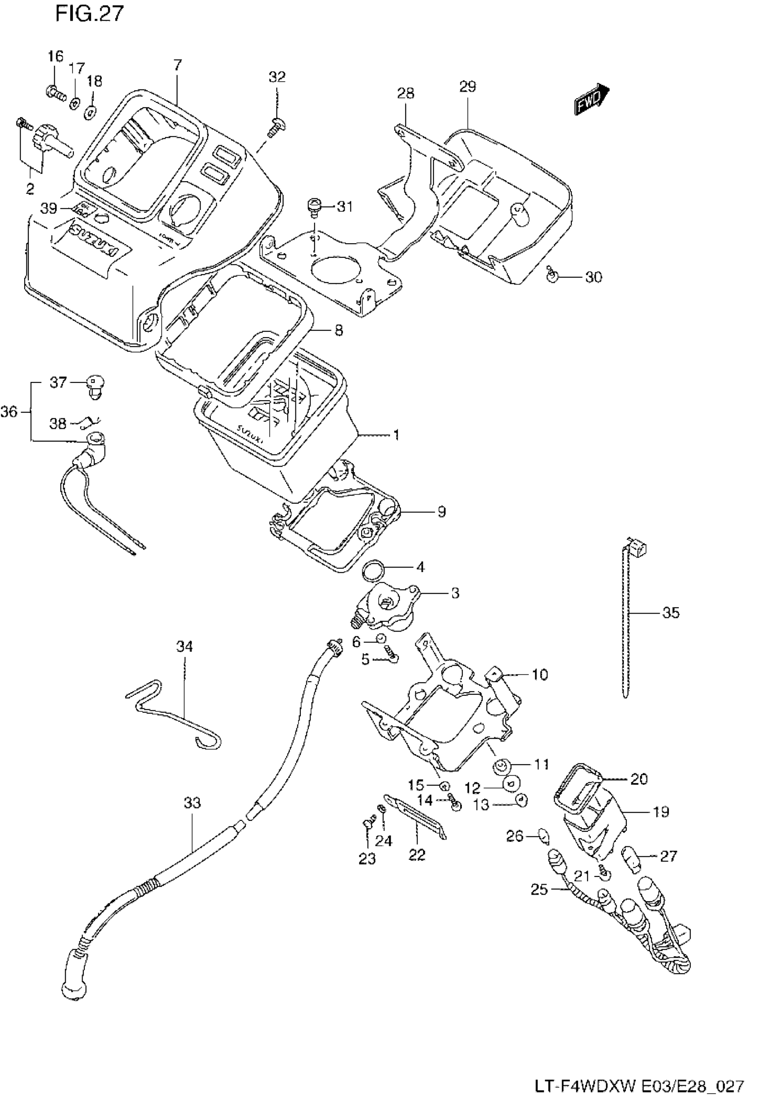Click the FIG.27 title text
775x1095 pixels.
click(89, 14)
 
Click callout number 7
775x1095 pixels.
click(177, 65)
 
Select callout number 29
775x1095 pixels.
click(468, 87)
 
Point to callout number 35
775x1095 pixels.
click(671, 613)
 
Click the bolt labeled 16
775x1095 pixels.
click(55, 91)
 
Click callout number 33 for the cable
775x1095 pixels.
click(192, 803)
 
